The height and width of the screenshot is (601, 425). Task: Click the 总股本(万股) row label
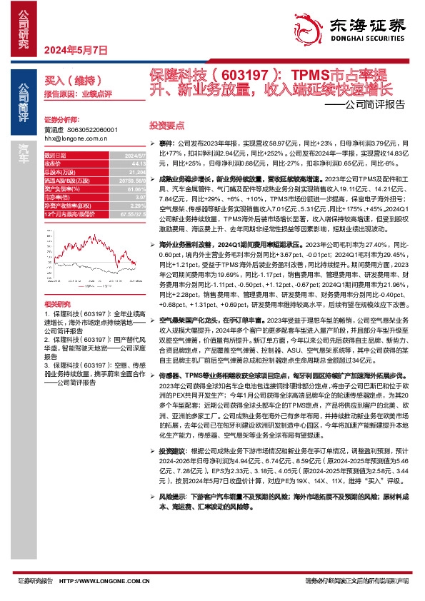[61, 171]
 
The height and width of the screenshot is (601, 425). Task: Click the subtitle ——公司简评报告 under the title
[369, 103]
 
